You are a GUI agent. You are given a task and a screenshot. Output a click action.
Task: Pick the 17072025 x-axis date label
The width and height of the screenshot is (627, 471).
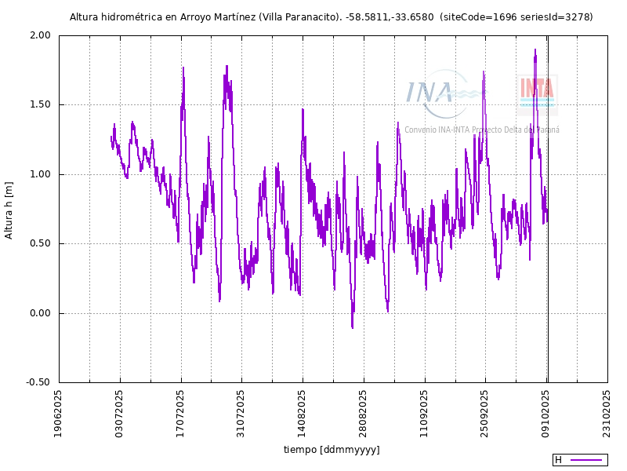point(181,414)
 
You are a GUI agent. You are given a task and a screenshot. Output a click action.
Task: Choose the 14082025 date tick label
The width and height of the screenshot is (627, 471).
point(303,414)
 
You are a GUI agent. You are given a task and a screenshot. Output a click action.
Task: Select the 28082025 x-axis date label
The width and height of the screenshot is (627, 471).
point(364,414)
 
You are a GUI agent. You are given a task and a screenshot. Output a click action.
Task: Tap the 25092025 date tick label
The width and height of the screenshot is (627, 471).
point(486,414)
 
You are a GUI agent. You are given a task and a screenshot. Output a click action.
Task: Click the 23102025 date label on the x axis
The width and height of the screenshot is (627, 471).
point(608,414)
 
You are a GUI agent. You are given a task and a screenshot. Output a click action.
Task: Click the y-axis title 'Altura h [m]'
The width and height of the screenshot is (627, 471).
point(9,209)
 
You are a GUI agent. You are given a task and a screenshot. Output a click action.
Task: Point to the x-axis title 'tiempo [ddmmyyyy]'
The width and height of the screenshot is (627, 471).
point(332,450)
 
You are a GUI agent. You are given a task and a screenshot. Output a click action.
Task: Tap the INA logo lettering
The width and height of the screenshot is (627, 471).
point(429,93)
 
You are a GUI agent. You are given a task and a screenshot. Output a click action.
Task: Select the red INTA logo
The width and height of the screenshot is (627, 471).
point(537,88)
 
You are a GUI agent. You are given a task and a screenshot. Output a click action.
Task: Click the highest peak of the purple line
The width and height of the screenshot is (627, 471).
point(535,50)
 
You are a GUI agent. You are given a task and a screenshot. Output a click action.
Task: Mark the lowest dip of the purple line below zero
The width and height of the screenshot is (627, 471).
point(352,327)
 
